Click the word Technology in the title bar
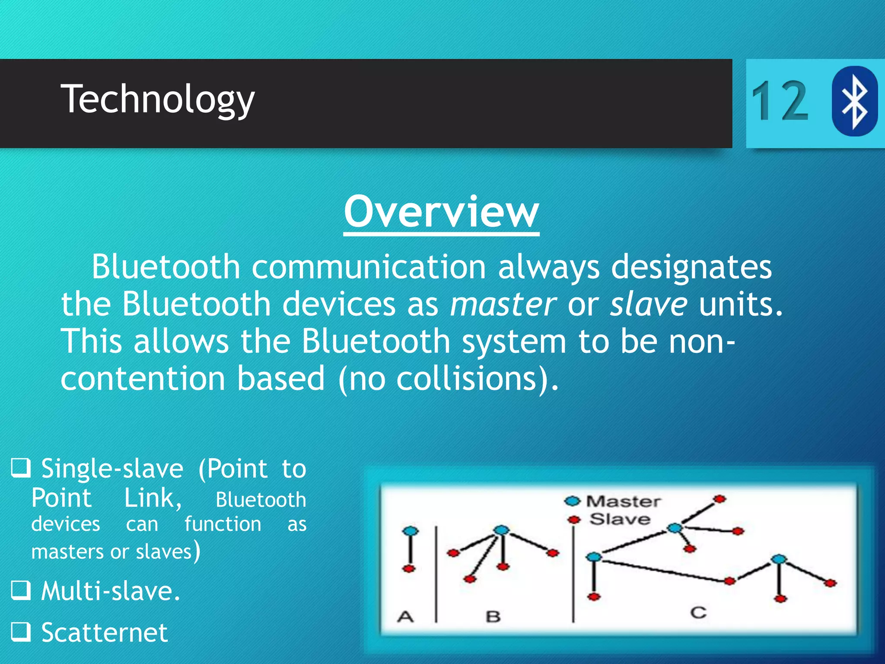pos(157,99)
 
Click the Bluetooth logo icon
pos(854,101)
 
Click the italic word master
pos(503,304)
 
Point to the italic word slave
pos(648,304)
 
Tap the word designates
pos(691,267)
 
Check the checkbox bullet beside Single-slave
pos(21,467)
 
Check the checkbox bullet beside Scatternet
pos(21,631)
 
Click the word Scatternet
pos(104,632)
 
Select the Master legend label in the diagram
pos(623,501)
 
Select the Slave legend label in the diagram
pos(620,519)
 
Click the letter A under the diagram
pos(405,616)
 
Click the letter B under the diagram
pos(493,616)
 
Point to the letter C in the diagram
pos(698,613)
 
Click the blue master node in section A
pos(410,531)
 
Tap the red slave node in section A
pos(409,568)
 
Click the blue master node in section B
pos(501,530)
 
